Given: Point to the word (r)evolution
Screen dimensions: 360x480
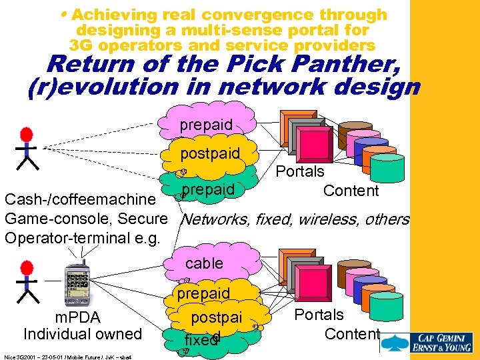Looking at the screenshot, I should coord(103,87).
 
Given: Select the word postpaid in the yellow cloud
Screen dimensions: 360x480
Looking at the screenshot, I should coord(210,154).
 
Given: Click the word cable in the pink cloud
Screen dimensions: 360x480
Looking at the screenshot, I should coord(204,263).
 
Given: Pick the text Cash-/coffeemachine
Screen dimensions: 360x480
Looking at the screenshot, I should coord(79,199).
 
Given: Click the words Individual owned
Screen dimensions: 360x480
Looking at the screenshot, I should coord(83,333).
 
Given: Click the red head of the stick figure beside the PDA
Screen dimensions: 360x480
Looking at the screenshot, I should coord(27,268).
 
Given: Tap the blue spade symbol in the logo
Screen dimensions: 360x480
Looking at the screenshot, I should coord(397,343).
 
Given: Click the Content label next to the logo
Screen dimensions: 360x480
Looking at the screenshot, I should coord(352,333).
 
